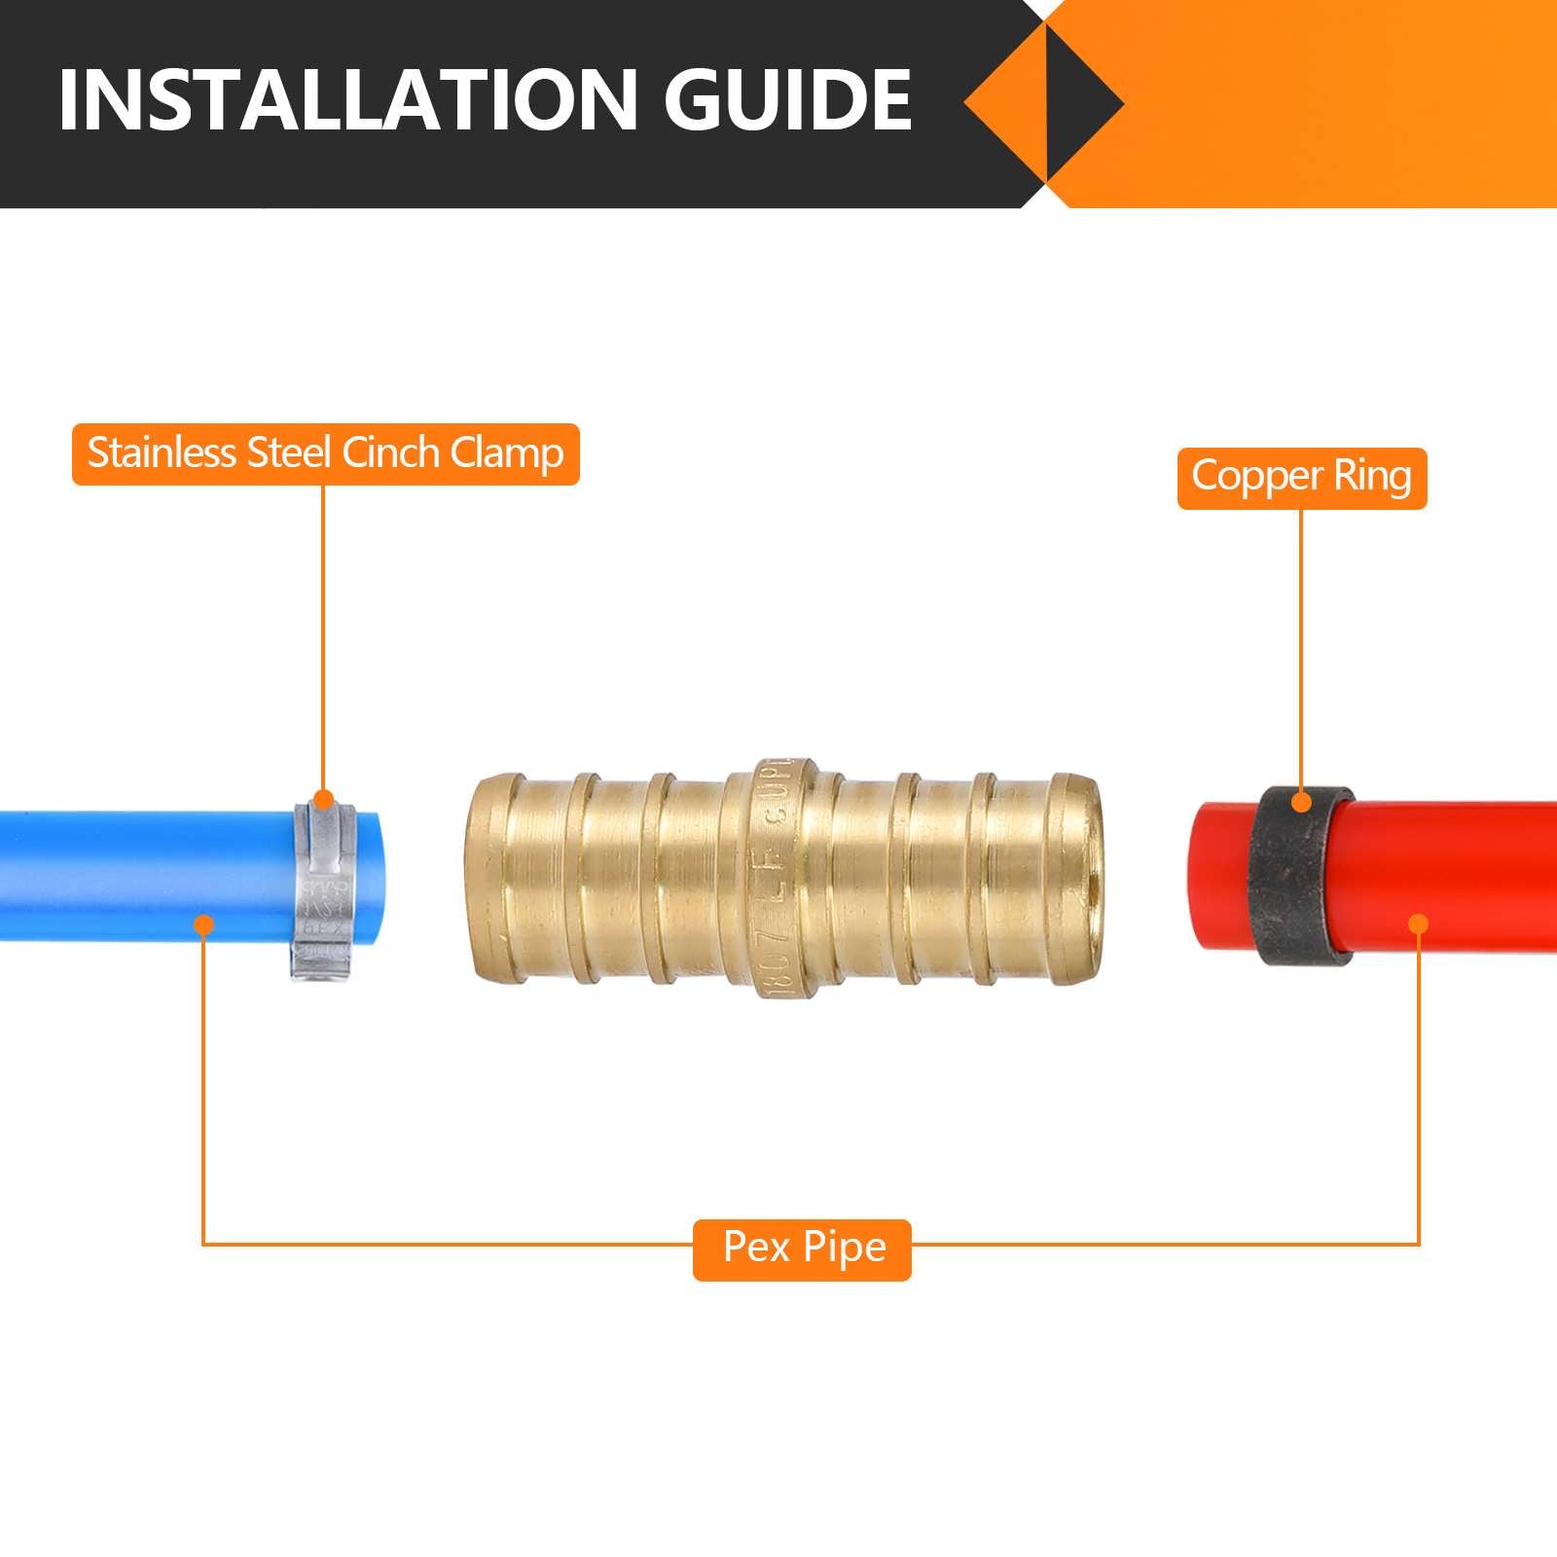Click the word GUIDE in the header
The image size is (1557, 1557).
click(x=788, y=100)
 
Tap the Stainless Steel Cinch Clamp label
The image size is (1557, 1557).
click(x=325, y=453)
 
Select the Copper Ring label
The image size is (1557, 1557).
click(x=1301, y=478)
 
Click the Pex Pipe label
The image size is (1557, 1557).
click(x=803, y=1249)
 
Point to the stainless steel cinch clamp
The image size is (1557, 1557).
click(x=322, y=890)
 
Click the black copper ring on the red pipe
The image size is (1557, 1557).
click(x=1302, y=876)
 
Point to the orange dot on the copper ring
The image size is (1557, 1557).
click(x=1301, y=803)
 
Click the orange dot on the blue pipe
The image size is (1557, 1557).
click(x=203, y=923)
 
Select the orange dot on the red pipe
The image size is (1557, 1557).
click(x=1419, y=923)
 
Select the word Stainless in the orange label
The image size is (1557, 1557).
click(x=162, y=453)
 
